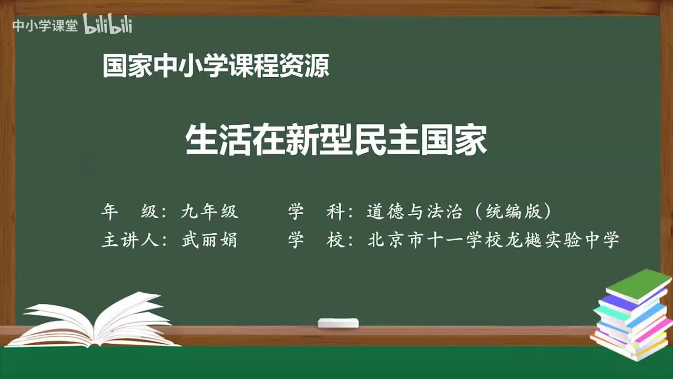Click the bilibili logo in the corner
pos(107,25)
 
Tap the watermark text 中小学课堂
pos(45,25)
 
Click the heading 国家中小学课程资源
pos(216,67)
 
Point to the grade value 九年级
pos(210,212)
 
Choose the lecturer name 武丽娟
pos(209,240)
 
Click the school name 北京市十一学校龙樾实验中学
pos(493,240)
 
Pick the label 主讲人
pos(129,240)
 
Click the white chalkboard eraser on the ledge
pos(338,323)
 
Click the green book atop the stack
pos(638,285)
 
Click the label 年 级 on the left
pos(129,212)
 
